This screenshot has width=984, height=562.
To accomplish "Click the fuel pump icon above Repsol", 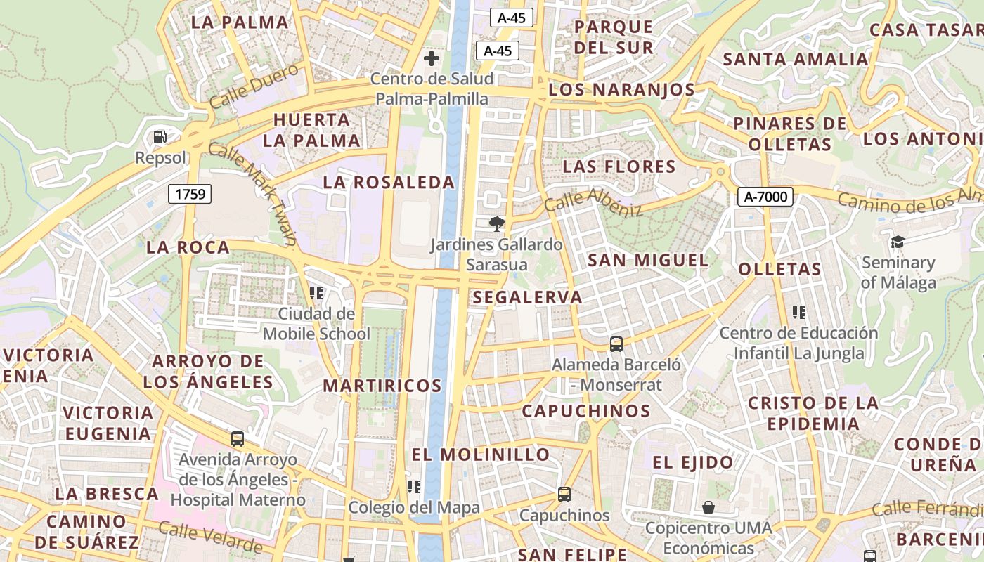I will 160,136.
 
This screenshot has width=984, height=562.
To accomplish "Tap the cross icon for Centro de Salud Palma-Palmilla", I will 432,58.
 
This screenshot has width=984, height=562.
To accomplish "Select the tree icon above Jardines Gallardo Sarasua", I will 497,224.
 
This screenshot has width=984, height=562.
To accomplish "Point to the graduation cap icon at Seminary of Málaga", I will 898,242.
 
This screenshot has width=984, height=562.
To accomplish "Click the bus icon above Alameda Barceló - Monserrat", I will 616,344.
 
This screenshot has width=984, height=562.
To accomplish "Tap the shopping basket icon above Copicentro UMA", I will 708,507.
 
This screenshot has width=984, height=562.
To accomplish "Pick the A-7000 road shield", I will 765,197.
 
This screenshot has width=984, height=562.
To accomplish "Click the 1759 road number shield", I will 190,193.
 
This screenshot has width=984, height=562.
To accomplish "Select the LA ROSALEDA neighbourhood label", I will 389,183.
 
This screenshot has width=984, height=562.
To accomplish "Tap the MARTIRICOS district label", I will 382,386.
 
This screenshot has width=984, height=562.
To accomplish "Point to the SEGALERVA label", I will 527,297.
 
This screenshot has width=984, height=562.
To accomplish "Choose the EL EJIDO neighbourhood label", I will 693,462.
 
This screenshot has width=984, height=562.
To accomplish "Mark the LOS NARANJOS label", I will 621,90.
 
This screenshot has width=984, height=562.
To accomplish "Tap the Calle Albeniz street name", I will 593,202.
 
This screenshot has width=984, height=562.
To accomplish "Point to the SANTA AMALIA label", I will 796,60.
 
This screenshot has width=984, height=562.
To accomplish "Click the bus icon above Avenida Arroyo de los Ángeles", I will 238,439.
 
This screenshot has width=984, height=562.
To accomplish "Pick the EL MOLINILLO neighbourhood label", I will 481,455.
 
